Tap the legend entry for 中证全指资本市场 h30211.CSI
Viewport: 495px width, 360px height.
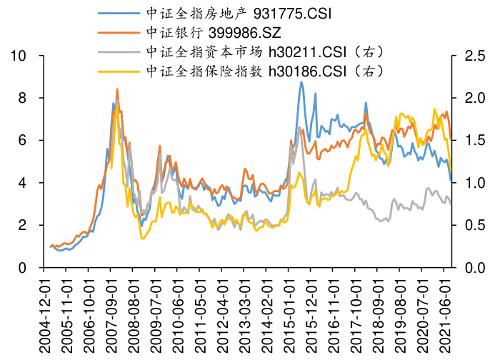(x=265, y=51)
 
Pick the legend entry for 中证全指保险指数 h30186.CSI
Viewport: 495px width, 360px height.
(x=265, y=71)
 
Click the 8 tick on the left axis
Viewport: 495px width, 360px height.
(x=24, y=98)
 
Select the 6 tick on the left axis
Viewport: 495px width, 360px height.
(x=24, y=141)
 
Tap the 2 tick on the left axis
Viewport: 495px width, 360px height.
(x=24, y=226)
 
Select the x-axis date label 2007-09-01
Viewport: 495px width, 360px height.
(x=111, y=314)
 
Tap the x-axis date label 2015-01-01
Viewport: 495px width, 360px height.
(x=291, y=314)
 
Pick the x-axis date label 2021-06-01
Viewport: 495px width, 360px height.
(x=449, y=314)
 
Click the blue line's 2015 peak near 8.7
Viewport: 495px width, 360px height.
(x=301, y=82)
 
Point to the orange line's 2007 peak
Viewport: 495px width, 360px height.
(x=117, y=89)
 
